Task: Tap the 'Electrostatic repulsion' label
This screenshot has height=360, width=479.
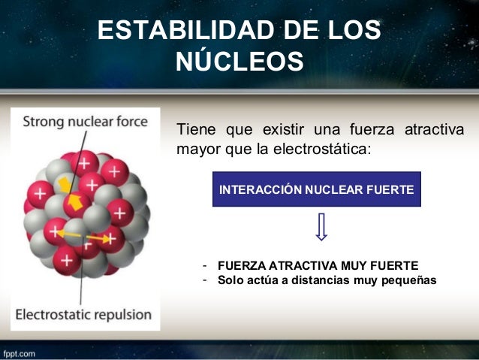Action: tap(84, 313)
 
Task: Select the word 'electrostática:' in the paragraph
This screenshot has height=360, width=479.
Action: tap(330, 148)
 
